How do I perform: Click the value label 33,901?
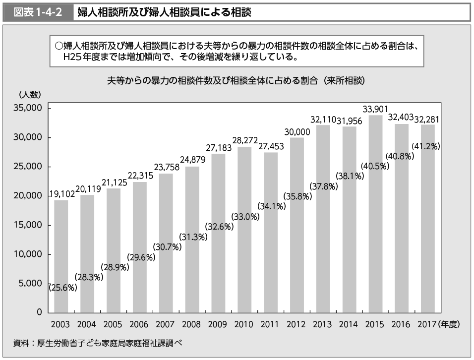coord(375,109)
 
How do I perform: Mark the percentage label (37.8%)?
coord(324,186)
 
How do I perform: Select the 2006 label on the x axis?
coord(139,325)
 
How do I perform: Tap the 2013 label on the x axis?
coord(323,325)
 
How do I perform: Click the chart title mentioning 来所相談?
coord(237,81)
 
